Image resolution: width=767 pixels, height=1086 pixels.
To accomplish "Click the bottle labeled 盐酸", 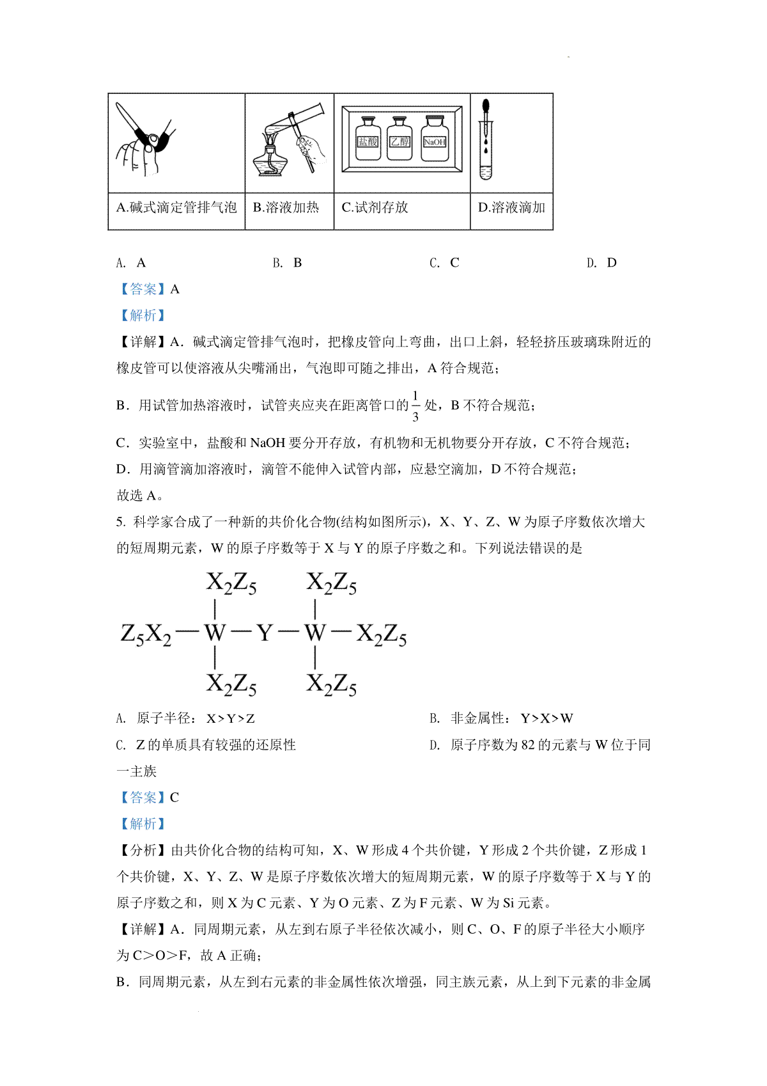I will click(368, 139).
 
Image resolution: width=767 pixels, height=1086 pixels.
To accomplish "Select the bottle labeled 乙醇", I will click(400, 139).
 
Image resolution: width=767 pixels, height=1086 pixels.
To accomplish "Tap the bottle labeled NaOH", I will click(435, 139).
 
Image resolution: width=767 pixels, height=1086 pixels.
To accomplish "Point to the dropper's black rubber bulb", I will click(486, 106).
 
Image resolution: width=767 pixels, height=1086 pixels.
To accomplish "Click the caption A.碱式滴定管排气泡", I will click(176, 207).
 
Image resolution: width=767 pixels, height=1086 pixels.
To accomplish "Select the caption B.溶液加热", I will click(286, 207).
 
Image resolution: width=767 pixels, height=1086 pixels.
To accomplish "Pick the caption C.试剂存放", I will click(375, 207).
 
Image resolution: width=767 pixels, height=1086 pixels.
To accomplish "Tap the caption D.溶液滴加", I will click(511, 207).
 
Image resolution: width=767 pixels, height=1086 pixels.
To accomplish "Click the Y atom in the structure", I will click(265, 633).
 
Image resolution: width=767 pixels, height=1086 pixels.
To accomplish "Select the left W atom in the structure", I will click(215, 633).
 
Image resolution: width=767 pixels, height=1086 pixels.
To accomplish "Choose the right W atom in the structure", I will click(315, 633).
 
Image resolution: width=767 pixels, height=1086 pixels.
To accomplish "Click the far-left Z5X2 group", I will click(146, 634).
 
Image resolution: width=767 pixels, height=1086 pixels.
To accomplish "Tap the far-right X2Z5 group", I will click(382, 634).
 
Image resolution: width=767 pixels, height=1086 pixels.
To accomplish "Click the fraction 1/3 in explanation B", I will click(415, 406).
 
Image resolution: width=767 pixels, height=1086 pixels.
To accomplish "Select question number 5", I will click(120, 522).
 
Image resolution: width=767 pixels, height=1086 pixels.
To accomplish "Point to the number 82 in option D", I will click(527, 744).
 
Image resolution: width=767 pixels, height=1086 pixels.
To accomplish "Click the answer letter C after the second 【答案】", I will click(174, 798).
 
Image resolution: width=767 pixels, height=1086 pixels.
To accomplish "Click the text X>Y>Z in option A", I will click(231, 718).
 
